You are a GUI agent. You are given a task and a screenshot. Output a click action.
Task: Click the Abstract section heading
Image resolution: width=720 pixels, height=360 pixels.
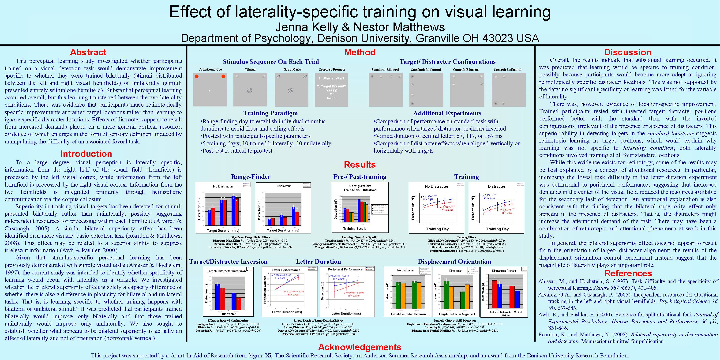[x=88, y=52]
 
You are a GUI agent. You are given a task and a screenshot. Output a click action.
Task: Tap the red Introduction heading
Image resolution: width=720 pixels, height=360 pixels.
[x=86, y=154]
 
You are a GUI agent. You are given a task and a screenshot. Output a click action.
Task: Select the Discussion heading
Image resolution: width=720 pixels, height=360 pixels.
[x=627, y=52]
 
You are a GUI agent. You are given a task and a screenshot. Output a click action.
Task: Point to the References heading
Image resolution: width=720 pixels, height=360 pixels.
[x=628, y=273]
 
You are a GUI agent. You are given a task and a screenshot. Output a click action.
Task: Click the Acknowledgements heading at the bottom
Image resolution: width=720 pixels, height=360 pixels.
[x=360, y=347]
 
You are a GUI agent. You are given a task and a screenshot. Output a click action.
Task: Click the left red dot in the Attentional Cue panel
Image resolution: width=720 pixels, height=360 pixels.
[x=197, y=76]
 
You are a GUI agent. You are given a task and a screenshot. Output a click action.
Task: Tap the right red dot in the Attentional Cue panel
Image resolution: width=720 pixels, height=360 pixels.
[x=223, y=76]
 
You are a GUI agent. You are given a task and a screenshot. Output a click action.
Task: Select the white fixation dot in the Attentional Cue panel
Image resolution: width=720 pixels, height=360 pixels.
[x=210, y=91]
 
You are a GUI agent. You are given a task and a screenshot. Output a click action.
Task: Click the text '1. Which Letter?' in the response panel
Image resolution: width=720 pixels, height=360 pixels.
[x=331, y=78]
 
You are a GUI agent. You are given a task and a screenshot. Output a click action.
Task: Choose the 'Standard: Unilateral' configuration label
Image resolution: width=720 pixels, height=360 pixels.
[x=426, y=70]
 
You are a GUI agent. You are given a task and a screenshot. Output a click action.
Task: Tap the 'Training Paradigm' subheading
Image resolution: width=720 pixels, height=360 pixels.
[x=270, y=113]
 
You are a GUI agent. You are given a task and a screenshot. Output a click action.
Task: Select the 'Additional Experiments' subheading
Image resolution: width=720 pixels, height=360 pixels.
[x=447, y=113]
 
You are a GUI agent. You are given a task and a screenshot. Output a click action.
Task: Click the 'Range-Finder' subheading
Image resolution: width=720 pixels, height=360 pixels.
[x=251, y=177]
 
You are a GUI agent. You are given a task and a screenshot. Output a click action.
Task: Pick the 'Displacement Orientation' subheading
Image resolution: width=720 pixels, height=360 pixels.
[x=454, y=262]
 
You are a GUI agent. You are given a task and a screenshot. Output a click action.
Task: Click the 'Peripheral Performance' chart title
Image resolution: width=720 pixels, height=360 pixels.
[x=345, y=270]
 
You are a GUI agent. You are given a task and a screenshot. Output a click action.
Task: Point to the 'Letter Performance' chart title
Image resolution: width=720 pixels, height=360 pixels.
[x=286, y=270]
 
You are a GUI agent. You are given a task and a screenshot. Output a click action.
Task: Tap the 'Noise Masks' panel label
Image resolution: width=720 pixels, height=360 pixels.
[x=292, y=69]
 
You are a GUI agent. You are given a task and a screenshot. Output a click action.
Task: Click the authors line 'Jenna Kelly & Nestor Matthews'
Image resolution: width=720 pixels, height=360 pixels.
[x=360, y=27]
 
